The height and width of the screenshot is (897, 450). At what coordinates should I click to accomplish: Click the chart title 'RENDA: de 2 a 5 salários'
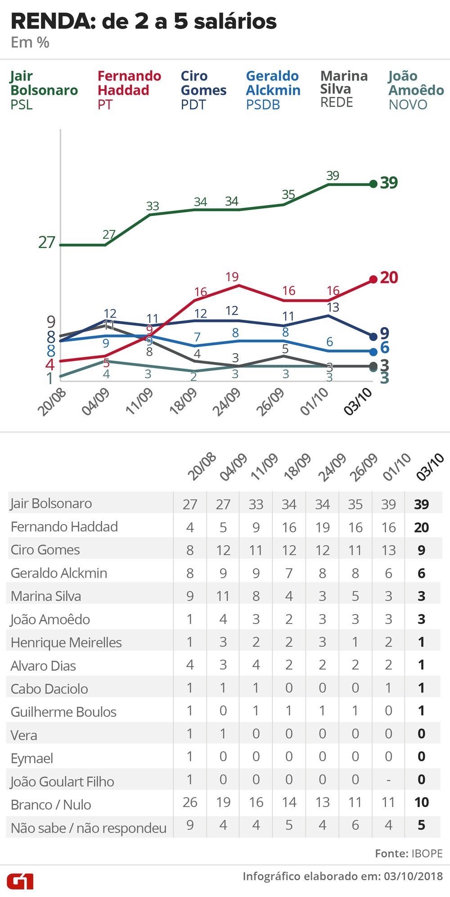[144, 22]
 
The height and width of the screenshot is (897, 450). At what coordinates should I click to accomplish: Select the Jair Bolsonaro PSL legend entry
[44, 90]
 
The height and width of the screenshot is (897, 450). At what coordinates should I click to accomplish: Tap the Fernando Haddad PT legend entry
[129, 90]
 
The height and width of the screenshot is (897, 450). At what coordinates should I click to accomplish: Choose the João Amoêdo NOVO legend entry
[416, 90]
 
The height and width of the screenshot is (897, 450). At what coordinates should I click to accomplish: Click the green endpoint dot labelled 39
[373, 184]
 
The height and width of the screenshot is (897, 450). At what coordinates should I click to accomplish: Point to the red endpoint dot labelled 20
[373, 279]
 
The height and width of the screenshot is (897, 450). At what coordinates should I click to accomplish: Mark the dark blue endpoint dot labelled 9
[373, 336]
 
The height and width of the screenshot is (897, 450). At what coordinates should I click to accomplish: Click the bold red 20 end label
[389, 278]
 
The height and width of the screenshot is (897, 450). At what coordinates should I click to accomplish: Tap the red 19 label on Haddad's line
[232, 277]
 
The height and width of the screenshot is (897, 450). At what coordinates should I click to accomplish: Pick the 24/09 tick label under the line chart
[226, 402]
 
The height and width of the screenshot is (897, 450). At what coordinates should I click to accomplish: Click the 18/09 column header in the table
[297, 467]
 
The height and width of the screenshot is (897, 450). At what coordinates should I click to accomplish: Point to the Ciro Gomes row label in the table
[45, 550]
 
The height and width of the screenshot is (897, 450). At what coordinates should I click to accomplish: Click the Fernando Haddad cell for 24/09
[322, 527]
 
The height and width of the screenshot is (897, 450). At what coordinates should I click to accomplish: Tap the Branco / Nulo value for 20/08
[190, 802]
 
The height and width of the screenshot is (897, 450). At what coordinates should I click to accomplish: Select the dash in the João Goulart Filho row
[388, 780]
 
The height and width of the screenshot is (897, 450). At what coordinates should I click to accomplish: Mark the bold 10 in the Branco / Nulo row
[422, 802]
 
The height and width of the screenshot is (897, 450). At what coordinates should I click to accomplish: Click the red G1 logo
[20, 881]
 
